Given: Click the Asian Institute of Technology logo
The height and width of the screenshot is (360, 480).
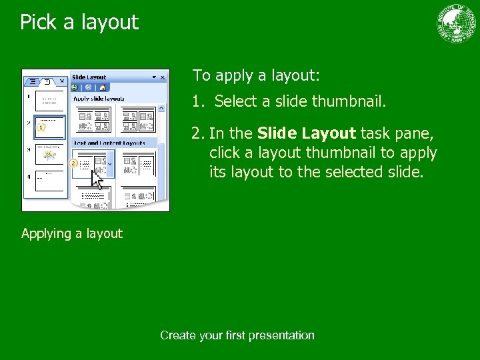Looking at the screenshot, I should point(457,24).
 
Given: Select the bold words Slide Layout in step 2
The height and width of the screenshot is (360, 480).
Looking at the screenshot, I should point(306,134).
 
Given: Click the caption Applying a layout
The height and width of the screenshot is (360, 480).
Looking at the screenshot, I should point(72,233).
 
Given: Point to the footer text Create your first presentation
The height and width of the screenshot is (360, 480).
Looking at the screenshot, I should point(237,335).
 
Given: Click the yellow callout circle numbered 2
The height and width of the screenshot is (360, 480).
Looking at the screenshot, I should point(75,163).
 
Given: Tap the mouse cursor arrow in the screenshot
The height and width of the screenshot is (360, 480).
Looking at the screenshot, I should point(96,179).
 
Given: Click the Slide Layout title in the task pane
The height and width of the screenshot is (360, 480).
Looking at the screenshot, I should point(89,77).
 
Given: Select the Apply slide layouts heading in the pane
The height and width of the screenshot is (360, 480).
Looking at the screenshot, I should point(99,99).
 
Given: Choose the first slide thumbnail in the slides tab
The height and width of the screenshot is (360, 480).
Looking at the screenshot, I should point(49,100).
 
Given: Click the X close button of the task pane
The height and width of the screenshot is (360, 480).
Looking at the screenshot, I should point(163,77).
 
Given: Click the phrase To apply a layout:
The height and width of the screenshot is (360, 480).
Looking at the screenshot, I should point(256,75).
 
